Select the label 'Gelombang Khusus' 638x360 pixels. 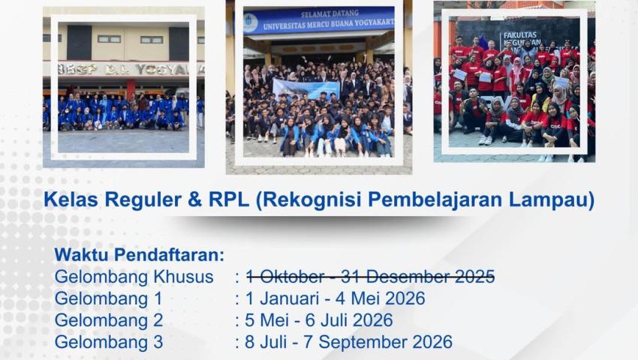point(134,276)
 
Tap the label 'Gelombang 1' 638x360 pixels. point(108,298)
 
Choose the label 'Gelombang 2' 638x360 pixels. point(109,320)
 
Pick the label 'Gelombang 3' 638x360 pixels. point(109,342)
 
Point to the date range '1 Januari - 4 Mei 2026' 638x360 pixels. point(335,298)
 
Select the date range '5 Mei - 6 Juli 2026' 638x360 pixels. point(319,320)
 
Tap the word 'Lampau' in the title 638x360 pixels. point(554,201)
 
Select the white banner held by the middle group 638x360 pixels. point(305,88)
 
